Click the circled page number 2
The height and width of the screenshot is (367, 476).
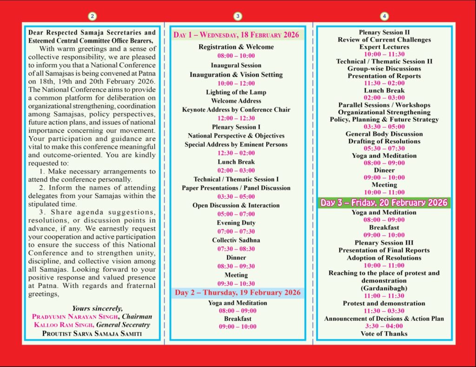pos(93,16)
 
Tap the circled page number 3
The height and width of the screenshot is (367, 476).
pos(238,16)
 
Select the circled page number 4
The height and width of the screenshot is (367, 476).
pos(384,16)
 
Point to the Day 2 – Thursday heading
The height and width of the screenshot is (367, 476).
pos(238,293)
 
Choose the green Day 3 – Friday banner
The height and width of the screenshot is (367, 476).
pos(384,203)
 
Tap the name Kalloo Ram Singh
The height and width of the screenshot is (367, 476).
pos(64,325)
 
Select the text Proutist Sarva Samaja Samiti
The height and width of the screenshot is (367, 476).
pos(92,333)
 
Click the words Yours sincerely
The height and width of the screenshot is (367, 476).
pos(97,308)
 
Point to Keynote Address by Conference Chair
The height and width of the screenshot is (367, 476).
pos(236,110)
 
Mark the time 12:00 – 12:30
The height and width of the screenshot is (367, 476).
pos(236,118)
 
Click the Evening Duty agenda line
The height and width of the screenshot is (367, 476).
pos(236,223)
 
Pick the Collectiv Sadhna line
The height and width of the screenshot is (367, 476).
pos(236,240)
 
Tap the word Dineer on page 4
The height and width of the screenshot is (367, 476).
pos(384,170)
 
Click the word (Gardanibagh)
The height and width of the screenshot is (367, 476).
pos(384,288)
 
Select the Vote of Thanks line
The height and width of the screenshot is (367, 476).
pos(384,334)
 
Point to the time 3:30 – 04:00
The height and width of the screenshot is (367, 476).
pos(384,326)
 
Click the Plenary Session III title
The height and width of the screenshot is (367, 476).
pos(384,243)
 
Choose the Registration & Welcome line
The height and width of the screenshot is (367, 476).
pos(236,47)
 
